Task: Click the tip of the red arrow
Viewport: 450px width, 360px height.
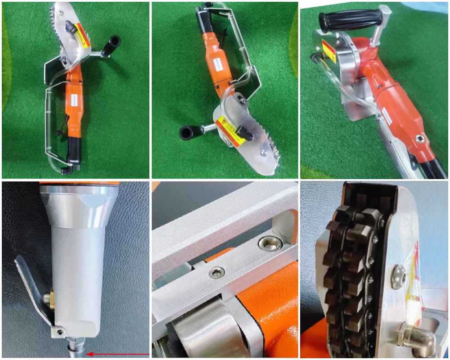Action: pyautogui.click(x=87, y=354)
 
